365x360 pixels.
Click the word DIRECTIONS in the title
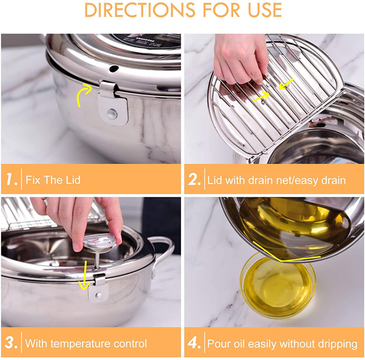[x=132, y=10]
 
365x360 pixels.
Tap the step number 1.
[x=11, y=179]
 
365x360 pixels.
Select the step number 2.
[x=194, y=179]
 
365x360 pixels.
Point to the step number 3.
[x=11, y=343]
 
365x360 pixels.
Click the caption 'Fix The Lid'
[x=53, y=180]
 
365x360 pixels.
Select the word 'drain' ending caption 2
[x=332, y=180]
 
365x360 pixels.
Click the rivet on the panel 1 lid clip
[x=112, y=113]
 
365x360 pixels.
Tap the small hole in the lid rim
[x=114, y=68]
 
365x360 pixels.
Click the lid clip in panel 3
[x=98, y=290]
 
